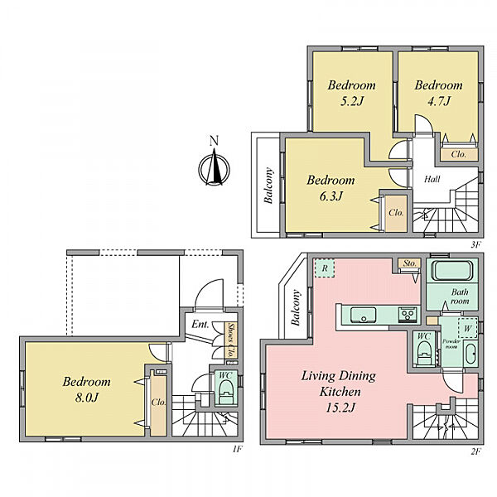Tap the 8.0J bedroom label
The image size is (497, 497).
[86, 389]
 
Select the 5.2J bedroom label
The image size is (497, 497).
[351, 93]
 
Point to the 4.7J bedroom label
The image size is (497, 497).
[439, 93]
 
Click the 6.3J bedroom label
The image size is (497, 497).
[331, 188]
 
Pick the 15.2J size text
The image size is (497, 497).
[340, 408]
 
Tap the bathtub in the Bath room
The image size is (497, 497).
[452, 271]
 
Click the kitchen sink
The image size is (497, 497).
[364, 315]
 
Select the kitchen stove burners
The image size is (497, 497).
[407, 315]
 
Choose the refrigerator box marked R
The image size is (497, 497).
[325, 268]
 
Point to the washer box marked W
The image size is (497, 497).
[468, 328]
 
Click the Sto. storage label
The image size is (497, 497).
[410, 263]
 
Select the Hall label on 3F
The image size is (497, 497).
[432, 179]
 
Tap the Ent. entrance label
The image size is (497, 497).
[200, 324]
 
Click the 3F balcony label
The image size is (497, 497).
[268, 186]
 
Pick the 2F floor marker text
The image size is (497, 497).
[475, 452]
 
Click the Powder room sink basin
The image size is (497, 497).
[470, 354]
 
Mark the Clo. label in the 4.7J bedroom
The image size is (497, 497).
[458, 154]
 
